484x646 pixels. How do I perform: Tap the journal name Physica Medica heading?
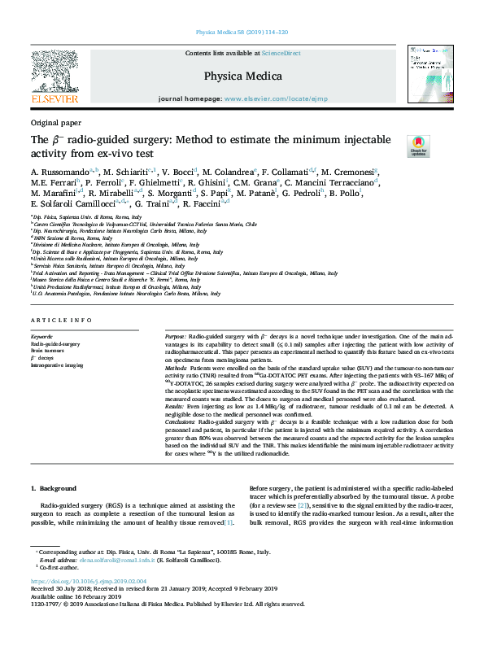tap(242, 76)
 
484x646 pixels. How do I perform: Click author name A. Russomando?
tap(61, 172)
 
